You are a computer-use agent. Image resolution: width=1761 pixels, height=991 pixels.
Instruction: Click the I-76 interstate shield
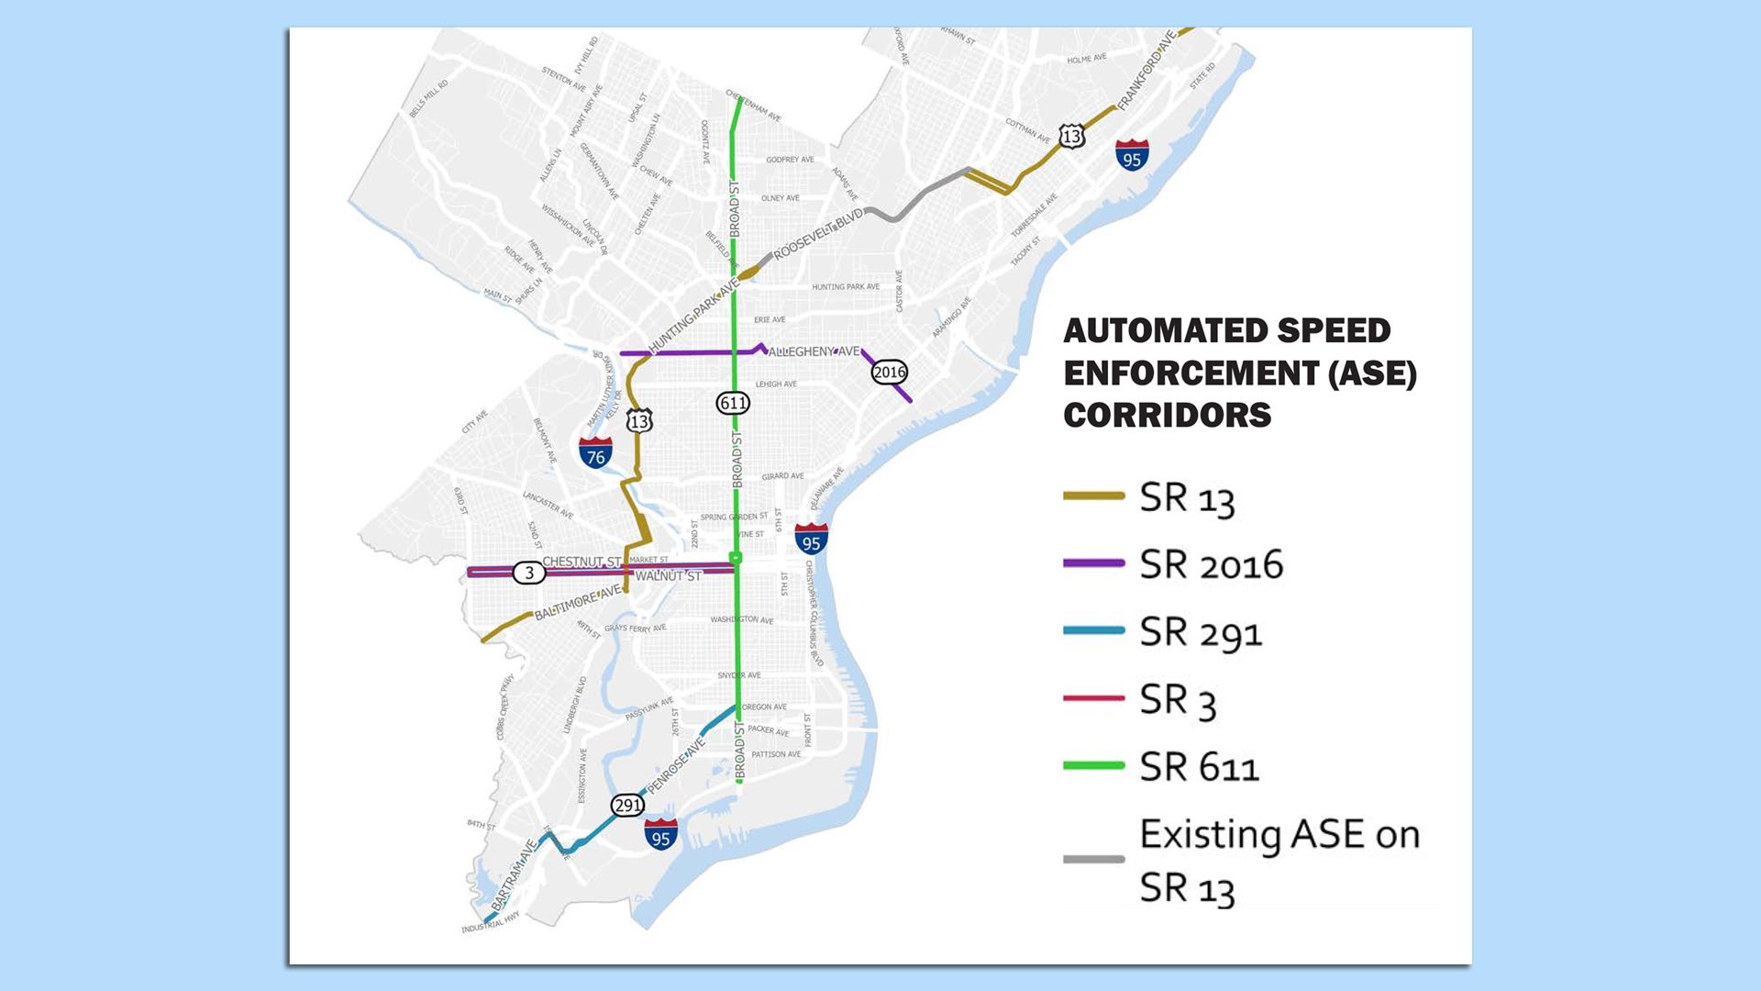coord(595,453)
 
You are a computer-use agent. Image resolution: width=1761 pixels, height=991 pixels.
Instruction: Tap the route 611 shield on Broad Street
coord(733,403)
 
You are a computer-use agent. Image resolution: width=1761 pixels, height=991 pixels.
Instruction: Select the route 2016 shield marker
coord(889,372)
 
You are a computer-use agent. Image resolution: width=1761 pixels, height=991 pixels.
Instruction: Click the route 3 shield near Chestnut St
coord(528,573)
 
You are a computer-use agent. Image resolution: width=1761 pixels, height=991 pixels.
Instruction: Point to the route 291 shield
coord(627,806)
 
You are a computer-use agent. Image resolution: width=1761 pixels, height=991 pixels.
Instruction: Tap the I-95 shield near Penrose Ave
coord(660,834)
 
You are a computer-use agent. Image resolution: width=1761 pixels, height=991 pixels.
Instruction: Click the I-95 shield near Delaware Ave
coord(811,540)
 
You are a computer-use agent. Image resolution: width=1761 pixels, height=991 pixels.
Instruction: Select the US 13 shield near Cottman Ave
coord(1071,137)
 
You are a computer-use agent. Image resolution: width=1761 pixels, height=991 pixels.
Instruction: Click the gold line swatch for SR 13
coord(1093,496)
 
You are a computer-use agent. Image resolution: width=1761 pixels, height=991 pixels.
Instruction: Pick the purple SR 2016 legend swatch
coord(1093,563)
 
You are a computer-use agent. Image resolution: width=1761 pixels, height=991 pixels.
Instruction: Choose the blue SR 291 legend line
coord(1093,630)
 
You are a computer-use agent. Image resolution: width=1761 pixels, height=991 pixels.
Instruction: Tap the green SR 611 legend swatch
coord(1093,765)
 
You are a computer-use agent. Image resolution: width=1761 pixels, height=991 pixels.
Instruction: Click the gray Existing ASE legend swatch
coord(1093,860)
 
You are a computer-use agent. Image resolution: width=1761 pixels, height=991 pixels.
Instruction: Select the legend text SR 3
coord(1178,701)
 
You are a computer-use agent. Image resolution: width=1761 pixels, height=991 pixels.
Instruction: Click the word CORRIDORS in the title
coord(1167,415)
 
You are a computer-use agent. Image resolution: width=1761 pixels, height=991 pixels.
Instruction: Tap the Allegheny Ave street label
coord(814,351)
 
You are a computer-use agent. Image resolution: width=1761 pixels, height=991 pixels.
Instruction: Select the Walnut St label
coord(668,576)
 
